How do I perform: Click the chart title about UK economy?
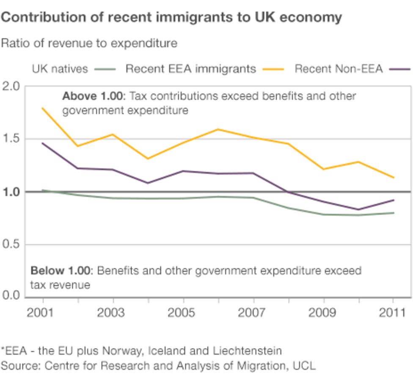pyautogui.click(x=171, y=17)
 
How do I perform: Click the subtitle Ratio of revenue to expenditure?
pyautogui.click(x=89, y=43)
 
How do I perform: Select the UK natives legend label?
pyautogui.click(x=60, y=69)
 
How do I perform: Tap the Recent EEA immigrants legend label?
pyautogui.click(x=190, y=69)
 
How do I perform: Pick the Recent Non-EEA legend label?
pyautogui.click(x=338, y=69)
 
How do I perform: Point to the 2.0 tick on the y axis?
pyautogui.click(x=11, y=86)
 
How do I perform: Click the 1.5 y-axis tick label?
pyautogui.click(x=11, y=139)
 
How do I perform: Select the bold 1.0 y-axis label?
pyautogui.click(x=11, y=192)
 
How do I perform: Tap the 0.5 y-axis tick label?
pyautogui.click(x=11, y=245)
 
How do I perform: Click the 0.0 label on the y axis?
pyautogui.click(x=11, y=295)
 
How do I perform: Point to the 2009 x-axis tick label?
pyautogui.click(x=323, y=313)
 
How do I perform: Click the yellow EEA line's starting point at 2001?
pyautogui.click(x=42, y=108)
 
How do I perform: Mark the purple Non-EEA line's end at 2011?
pyautogui.click(x=394, y=200)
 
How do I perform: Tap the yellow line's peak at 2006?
pyautogui.click(x=218, y=129)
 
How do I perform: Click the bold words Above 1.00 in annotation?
pyautogui.click(x=92, y=96)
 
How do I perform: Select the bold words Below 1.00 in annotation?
pyautogui.click(x=61, y=271)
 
